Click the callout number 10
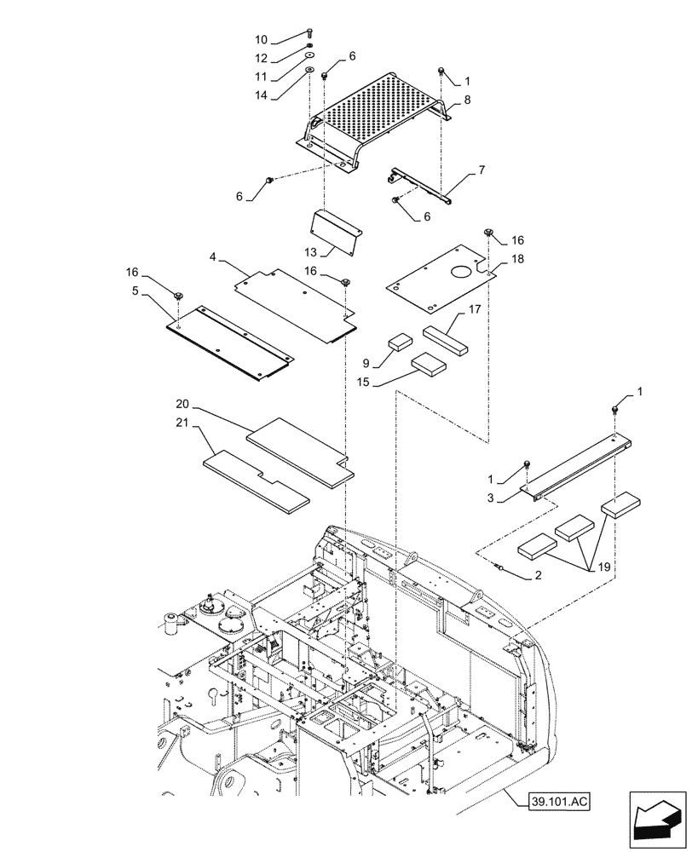point(261,40)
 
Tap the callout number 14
point(261,96)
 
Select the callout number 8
point(467,101)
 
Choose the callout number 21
point(182,423)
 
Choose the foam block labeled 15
point(429,366)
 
